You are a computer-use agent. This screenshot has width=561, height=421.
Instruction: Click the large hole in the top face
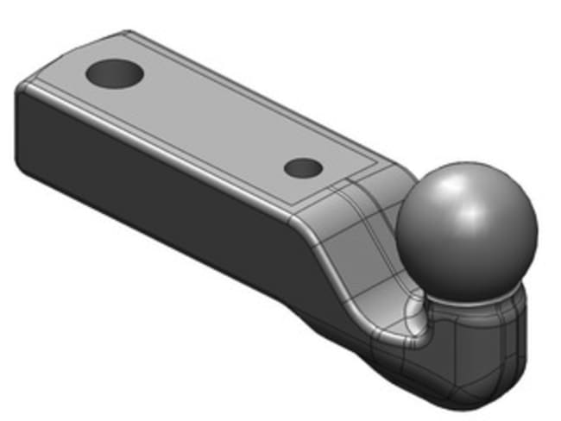[113, 74]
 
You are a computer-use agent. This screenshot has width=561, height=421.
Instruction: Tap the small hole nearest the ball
[303, 167]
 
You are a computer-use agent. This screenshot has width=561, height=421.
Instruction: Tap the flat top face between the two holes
[207, 121]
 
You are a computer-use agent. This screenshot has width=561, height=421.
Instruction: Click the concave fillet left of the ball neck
[413, 315]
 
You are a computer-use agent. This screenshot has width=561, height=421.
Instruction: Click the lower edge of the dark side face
[173, 250]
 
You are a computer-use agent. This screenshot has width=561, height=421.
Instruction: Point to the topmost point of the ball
[466, 161]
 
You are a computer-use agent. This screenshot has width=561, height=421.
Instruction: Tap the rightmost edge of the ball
[538, 229]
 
